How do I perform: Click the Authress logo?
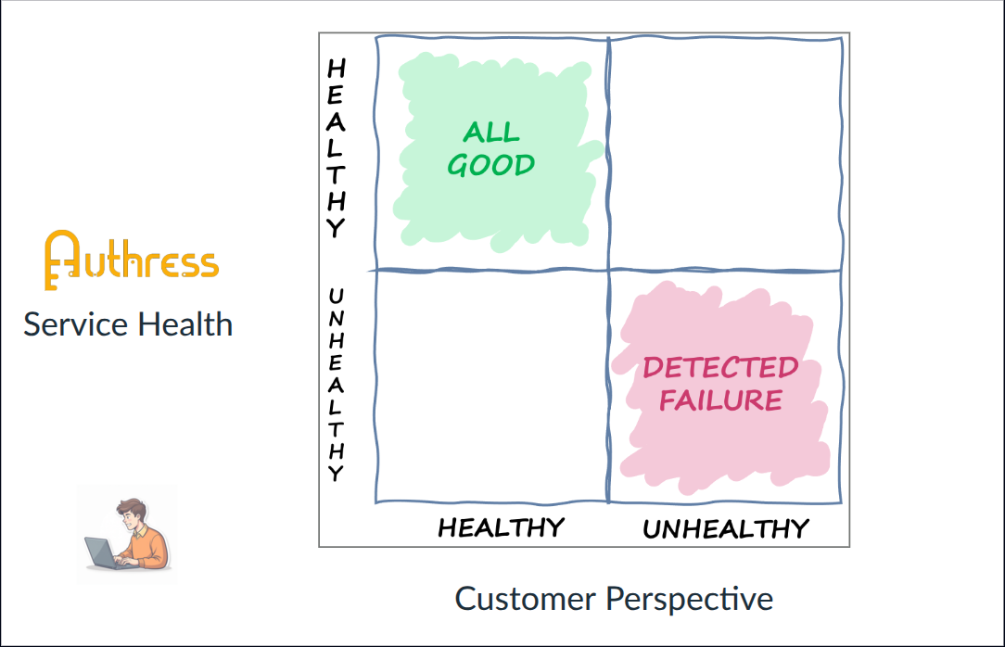(x=131, y=260)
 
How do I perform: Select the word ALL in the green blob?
(x=491, y=132)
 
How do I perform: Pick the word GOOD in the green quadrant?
(x=491, y=165)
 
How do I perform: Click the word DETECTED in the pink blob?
(x=720, y=368)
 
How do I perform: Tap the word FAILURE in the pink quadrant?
(x=720, y=400)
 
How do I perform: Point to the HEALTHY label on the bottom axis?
(x=501, y=527)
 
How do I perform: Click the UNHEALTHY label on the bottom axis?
(x=726, y=529)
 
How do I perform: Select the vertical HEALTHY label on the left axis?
(x=337, y=148)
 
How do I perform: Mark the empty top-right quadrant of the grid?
(x=726, y=153)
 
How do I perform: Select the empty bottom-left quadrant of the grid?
(x=491, y=386)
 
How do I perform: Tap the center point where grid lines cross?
(x=608, y=270)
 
